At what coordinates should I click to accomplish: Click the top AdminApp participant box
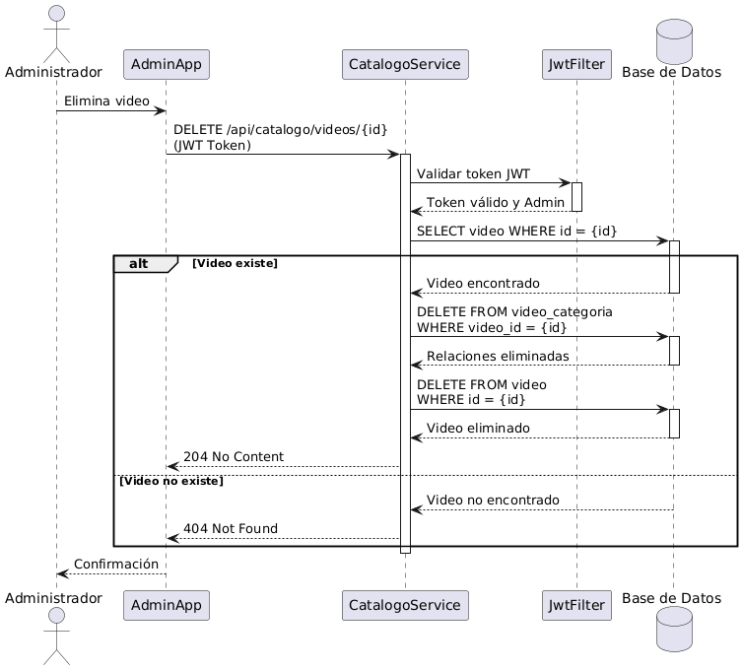[x=166, y=65]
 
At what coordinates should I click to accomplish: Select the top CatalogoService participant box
[x=404, y=65]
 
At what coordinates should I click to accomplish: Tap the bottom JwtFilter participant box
[x=576, y=598]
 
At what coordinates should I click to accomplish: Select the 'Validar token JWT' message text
[x=473, y=174]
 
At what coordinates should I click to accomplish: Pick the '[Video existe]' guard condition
[x=235, y=264]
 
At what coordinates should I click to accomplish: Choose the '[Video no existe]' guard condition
[x=171, y=481]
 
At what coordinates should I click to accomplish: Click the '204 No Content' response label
[x=234, y=457]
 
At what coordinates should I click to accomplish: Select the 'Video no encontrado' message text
[x=493, y=501]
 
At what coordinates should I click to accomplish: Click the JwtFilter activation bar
[x=577, y=197]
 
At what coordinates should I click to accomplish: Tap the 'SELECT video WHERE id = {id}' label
[x=516, y=231]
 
